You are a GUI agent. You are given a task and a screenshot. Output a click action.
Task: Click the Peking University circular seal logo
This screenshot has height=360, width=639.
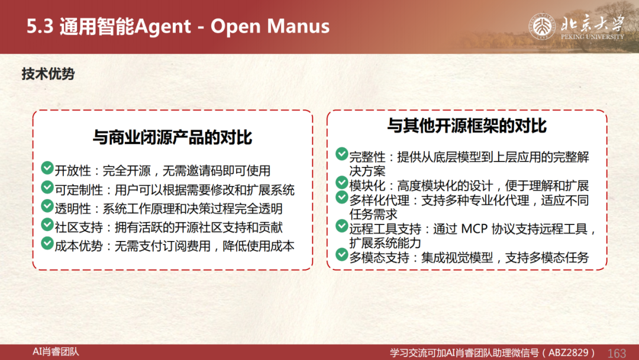pyautogui.click(x=542, y=27)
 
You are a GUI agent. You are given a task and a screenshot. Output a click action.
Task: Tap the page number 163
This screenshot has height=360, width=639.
pyautogui.click(x=617, y=353)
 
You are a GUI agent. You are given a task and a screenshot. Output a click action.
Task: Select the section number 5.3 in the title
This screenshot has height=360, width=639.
pyautogui.click(x=40, y=26)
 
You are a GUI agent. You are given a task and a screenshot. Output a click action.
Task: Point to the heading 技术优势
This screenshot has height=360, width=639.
pyautogui.click(x=48, y=74)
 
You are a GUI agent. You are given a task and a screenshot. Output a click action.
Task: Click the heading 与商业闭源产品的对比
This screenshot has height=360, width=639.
pyautogui.click(x=172, y=137)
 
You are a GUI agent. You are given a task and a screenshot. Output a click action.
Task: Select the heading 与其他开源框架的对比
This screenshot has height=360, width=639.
pyautogui.click(x=467, y=126)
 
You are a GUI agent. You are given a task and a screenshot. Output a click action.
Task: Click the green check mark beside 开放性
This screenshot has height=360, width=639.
pyautogui.click(x=47, y=168)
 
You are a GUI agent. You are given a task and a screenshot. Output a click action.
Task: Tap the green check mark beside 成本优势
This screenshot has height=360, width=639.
pyautogui.click(x=47, y=243)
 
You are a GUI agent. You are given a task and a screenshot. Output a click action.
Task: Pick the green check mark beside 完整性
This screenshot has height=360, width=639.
pyautogui.click(x=341, y=154)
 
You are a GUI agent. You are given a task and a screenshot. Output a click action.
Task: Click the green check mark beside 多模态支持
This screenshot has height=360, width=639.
pyautogui.click(x=341, y=255)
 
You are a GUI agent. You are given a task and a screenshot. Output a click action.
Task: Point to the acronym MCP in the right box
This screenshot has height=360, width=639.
pyautogui.click(x=475, y=229)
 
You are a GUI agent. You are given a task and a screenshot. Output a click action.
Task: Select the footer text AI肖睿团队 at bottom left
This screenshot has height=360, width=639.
pyautogui.click(x=56, y=352)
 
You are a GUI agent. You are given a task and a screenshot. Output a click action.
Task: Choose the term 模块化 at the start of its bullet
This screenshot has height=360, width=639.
pyautogui.click(x=367, y=186)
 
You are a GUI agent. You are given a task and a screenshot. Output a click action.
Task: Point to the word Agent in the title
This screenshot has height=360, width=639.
pyautogui.click(x=163, y=27)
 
